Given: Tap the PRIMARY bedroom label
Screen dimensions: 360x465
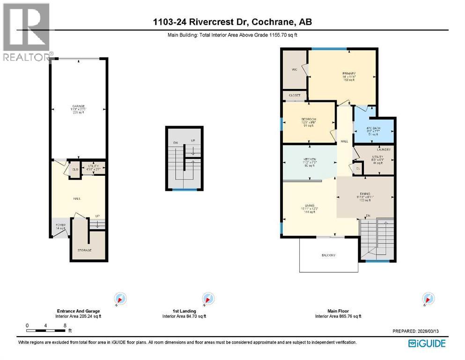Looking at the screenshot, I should click(x=349, y=74).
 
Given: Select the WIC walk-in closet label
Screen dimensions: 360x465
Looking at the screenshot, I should click(x=294, y=69).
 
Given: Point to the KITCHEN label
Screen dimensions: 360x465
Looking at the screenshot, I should click(x=310, y=159).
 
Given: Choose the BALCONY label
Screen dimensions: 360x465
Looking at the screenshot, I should click(x=328, y=255).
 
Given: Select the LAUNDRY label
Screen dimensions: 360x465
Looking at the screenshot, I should click(x=386, y=150).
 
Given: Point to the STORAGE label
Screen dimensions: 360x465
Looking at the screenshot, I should click(x=84, y=250).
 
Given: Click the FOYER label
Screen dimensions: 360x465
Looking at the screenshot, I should click(x=61, y=225).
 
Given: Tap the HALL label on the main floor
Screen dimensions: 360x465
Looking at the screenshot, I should click(x=344, y=141).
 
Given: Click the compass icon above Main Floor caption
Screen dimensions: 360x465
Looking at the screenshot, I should click(x=427, y=298).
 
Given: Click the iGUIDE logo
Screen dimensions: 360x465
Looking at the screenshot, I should click(x=426, y=343).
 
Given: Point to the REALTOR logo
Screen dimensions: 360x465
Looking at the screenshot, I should click(x=27, y=33).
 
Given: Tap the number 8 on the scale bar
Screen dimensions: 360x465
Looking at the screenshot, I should click(x=65, y=325).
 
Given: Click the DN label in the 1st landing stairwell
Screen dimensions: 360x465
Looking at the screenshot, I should click(x=175, y=142).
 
